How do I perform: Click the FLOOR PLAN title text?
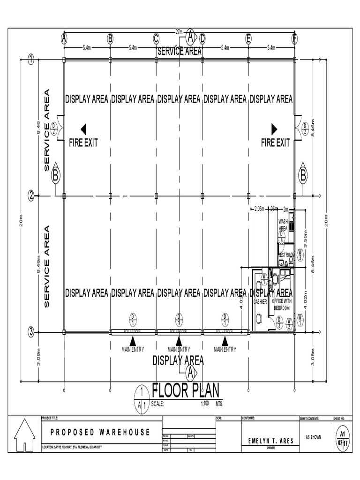185,390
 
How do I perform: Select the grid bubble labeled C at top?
156,39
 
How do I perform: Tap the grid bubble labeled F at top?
294,39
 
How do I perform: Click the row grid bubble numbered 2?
31,196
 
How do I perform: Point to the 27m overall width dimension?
179,32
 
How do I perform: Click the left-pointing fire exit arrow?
83,129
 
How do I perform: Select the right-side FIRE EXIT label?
275,143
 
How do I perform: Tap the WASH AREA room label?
283,224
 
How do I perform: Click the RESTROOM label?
286,255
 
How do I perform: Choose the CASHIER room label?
260,302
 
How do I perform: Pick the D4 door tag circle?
282,237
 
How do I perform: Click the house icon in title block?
25,435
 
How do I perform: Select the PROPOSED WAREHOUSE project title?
100,432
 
